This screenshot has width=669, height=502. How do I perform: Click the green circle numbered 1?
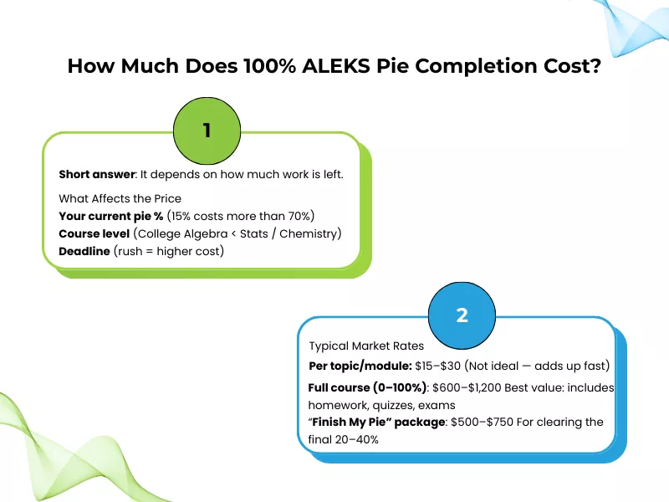click(x=207, y=131)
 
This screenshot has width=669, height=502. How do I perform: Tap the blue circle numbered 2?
click(x=462, y=315)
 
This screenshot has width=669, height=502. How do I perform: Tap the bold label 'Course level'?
click(x=94, y=233)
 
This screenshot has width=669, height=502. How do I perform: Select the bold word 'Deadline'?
click(x=84, y=250)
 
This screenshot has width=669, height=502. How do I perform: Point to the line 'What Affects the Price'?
click(x=120, y=199)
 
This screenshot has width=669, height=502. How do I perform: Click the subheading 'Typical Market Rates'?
click(x=366, y=346)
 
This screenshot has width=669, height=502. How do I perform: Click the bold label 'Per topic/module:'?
click(x=360, y=366)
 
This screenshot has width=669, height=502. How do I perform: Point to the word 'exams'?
click(x=437, y=405)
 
